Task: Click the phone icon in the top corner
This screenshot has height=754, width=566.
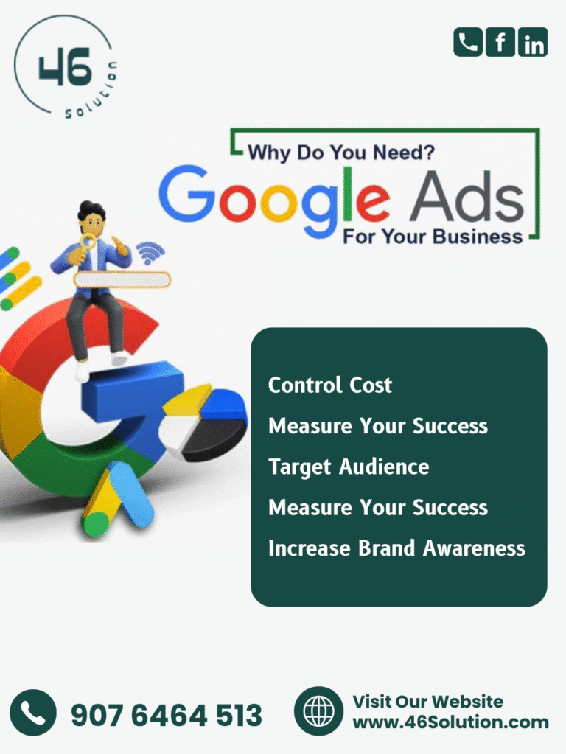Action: pyautogui.click(x=467, y=42)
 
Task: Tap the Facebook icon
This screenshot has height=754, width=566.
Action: pyautogui.click(x=500, y=42)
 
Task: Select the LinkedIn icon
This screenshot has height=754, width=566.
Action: pyautogui.click(x=533, y=42)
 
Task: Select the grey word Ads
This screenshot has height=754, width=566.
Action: pyautogui.click(x=467, y=198)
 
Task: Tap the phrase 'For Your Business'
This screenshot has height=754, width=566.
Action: pyautogui.click(x=433, y=237)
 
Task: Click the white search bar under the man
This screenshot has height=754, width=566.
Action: pyautogui.click(x=122, y=279)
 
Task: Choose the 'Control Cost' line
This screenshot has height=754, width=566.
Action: pyautogui.click(x=330, y=385)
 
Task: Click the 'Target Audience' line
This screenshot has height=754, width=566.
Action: pyautogui.click(x=349, y=467)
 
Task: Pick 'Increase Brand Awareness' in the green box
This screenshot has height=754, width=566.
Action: pyautogui.click(x=396, y=548)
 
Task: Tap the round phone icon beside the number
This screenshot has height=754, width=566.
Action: pyautogui.click(x=33, y=713)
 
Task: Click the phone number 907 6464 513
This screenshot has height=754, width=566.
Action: pyautogui.click(x=166, y=715)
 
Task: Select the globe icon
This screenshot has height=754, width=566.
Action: pyautogui.click(x=318, y=711)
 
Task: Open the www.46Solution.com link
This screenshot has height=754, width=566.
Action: pyautogui.click(x=450, y=722)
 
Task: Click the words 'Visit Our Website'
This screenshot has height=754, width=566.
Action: pyautogui.click(x=428, y=701)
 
